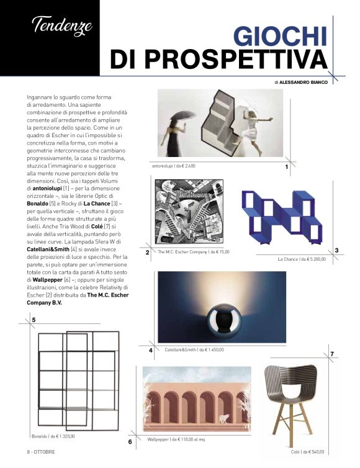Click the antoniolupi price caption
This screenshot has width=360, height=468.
click(174, 166)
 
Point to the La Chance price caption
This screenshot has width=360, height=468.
click(302, 258)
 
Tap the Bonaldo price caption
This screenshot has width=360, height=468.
click(53, 436)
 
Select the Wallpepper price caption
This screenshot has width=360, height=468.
click(176, 439)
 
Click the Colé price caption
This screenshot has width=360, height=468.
click(308, 452)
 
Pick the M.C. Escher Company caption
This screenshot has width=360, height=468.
click(193, 252)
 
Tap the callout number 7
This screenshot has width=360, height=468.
click(332, 354)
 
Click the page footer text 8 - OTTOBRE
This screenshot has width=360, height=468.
click(41, 451)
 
